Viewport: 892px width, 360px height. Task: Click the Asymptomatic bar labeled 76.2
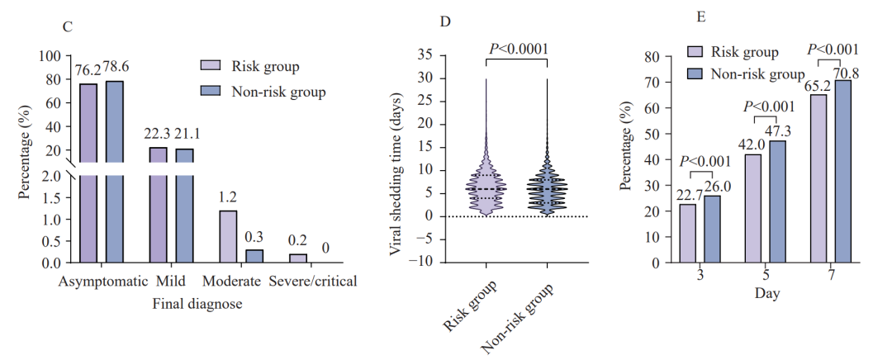pyautogui.click(x=88, y=173)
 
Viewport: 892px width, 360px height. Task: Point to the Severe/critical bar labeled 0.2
pyautogui.click(x=298, y=258)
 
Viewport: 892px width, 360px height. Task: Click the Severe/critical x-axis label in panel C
pyautogui.click(x=313, y=281)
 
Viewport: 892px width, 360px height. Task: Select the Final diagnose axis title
pyautogui.click(x=197, y=304)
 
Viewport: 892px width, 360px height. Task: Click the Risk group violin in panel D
pyautogui.click(x=486, y=188)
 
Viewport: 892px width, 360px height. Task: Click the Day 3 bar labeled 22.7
pyautogui.click(x=688, y=233)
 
